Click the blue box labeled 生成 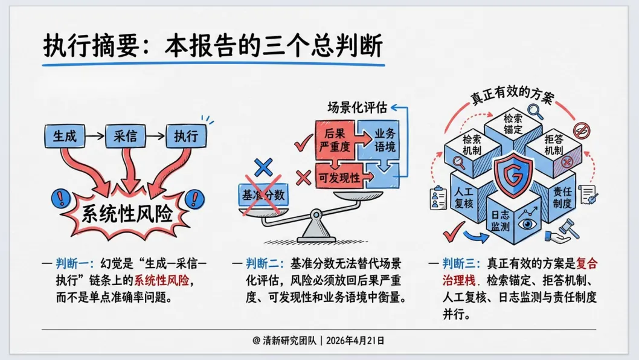(x=65, y=136)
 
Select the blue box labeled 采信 (x=125, y=136)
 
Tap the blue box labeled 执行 (x=186, y=136)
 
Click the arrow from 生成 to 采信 (x=95, y=136)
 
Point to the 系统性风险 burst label (x=127, y=214)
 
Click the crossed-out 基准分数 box (x=263, y=195)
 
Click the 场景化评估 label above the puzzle (x=357, y=108)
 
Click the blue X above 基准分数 (x=263, y=167)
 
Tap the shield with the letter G (x=513, y=175)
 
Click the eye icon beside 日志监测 (x=527, y=223)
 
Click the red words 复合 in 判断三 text (x=586, y=264)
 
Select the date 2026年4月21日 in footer (x=355, y=341)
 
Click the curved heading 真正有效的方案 (x=512, y=95)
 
